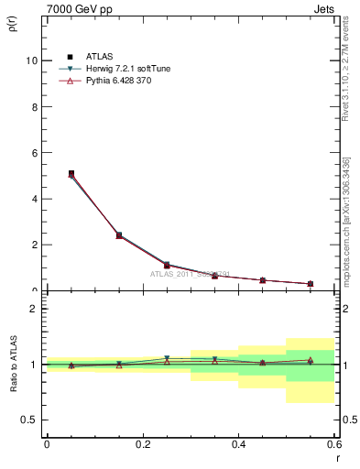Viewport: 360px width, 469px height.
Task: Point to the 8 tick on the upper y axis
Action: pos(33,106)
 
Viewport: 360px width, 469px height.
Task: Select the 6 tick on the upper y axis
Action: pos(33,152)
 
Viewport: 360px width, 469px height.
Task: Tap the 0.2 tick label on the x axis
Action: pos(142,444)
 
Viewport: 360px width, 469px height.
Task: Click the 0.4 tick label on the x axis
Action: pos(238,444)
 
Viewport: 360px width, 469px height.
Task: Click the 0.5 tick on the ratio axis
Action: pos(29,420)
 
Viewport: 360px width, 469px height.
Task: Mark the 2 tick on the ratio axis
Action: pos(33,309)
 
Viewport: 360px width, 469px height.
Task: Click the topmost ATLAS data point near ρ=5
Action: pos(71,173)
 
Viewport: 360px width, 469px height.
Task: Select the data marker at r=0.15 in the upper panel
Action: pos(119,235)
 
